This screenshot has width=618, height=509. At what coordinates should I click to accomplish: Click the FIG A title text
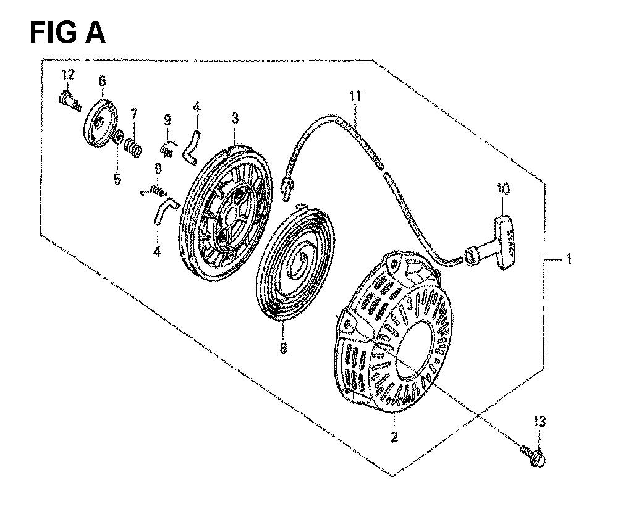(67, 32)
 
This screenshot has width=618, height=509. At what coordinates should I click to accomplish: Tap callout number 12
(68, 74)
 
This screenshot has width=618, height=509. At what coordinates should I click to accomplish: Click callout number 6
(102, 81)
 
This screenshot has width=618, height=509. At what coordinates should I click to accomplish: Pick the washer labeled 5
(117, 137)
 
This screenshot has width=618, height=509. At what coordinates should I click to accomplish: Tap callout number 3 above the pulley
(235, 118)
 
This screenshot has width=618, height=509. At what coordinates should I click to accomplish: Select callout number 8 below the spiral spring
(283, 348)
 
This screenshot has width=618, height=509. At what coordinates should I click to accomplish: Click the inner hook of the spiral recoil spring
(304, 259)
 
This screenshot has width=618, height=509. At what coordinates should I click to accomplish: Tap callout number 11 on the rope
(355, 97)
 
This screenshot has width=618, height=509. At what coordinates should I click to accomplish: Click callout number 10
(503, 190)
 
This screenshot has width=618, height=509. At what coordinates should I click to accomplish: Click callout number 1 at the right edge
(569, 259)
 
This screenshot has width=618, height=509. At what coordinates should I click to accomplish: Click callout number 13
(540, 421)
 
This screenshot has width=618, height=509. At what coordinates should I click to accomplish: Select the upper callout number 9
(167, 119)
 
